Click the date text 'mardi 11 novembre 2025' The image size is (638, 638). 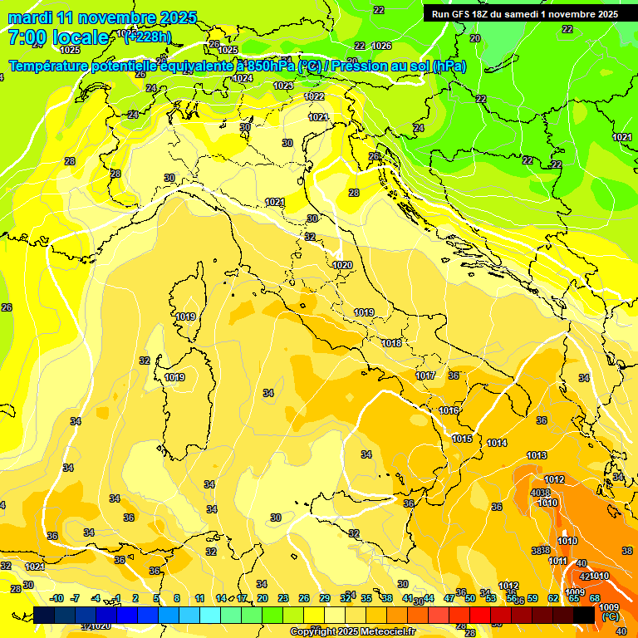102,17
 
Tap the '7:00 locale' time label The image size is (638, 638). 57,37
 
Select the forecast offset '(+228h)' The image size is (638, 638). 148,37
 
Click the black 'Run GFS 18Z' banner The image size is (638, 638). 524,14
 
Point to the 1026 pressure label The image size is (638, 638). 381,46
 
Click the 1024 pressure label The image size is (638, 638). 243,78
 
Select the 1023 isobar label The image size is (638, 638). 283,86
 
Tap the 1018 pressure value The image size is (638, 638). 392,343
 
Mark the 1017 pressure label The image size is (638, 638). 425,376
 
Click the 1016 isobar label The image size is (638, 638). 449,411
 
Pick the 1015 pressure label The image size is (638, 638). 462,439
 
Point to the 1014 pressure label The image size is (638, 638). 497,443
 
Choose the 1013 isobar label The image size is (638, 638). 537,455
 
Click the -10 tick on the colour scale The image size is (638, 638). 56,599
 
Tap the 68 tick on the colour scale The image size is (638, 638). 595,599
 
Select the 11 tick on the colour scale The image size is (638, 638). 200,599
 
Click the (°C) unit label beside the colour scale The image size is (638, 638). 610,617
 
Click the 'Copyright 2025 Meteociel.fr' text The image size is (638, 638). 352,631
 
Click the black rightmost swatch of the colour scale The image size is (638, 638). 584,615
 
